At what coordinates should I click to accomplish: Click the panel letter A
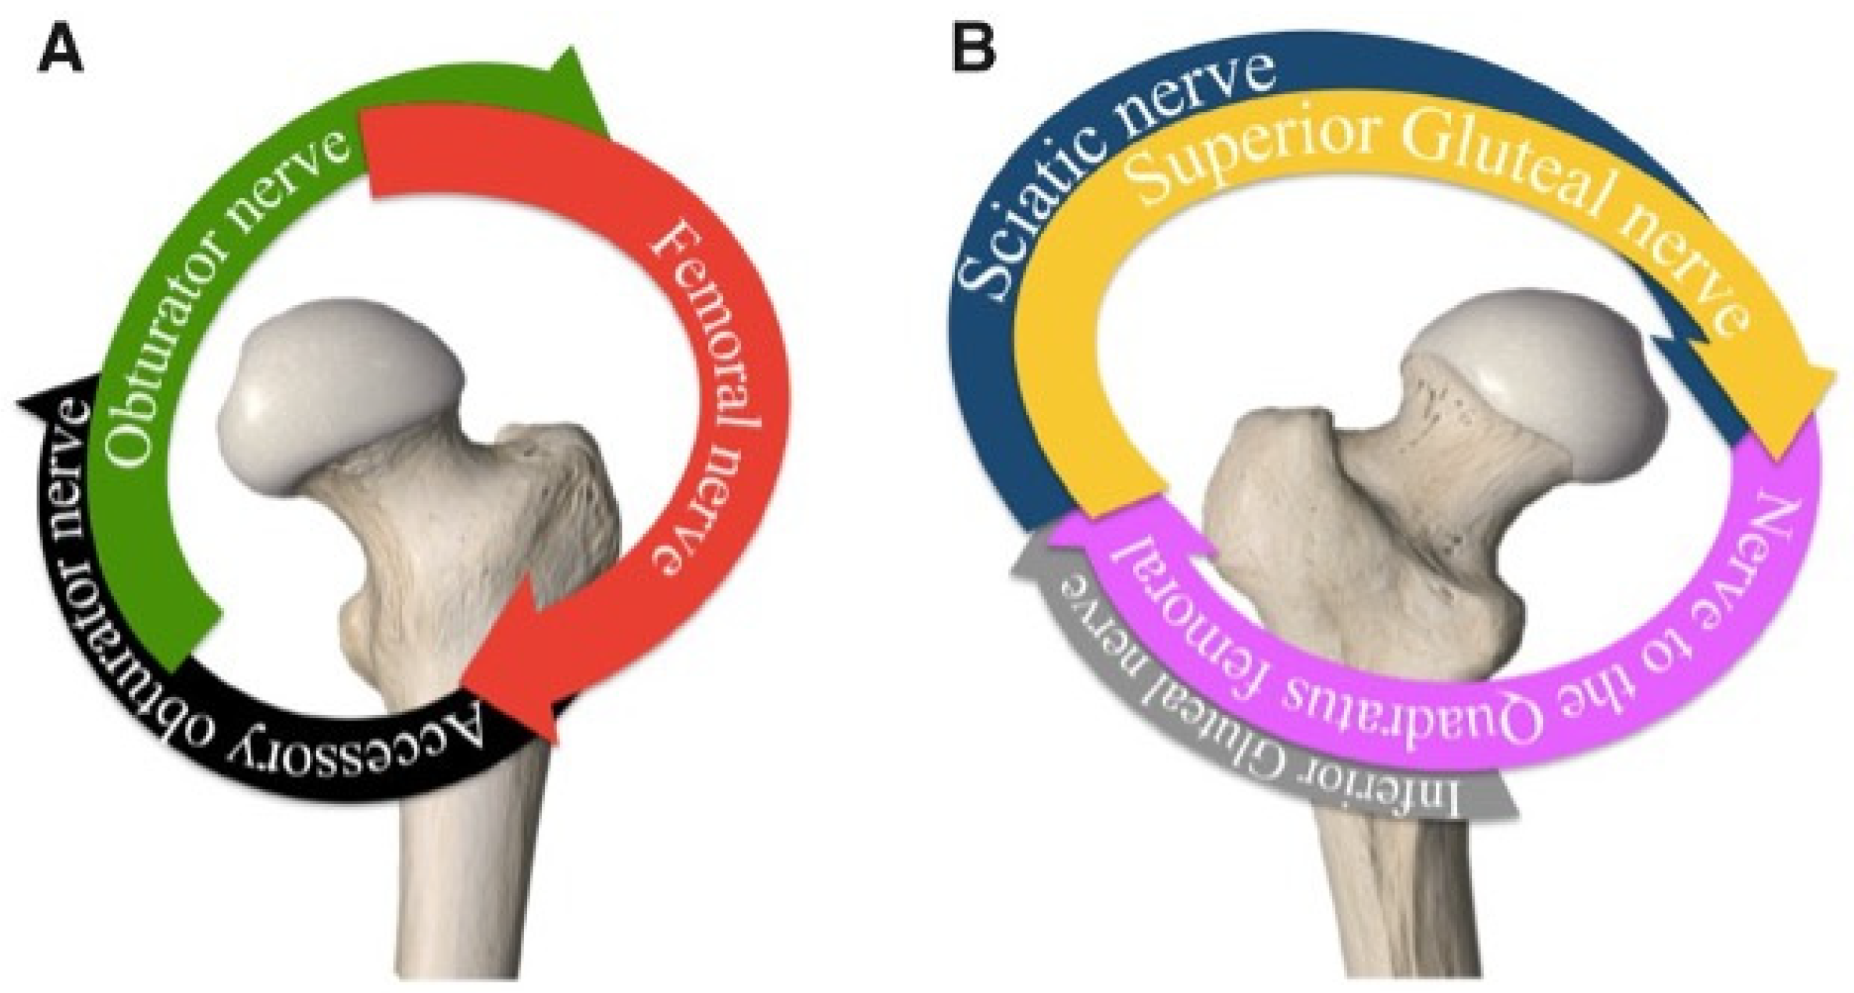(61, 52)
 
